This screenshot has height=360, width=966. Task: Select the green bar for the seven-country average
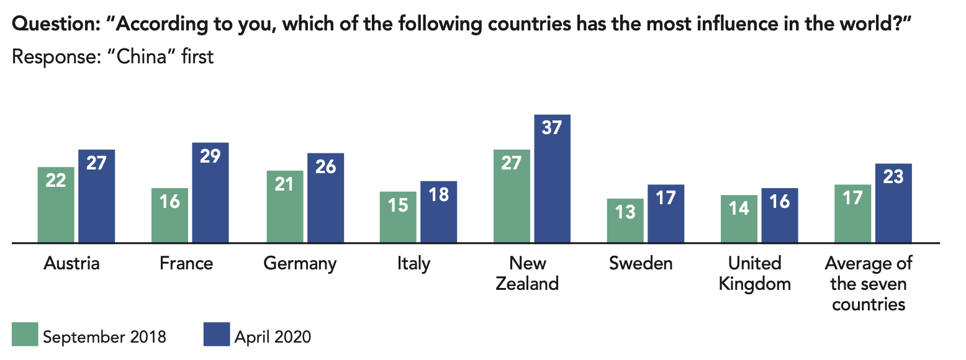click(852, 214)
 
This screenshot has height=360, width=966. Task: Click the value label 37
click(551, 128)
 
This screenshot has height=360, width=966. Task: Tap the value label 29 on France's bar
click(210, 155)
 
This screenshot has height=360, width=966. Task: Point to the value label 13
click(625, 212)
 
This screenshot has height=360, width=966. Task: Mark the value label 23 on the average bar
click(893, 177)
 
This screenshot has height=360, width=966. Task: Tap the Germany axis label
click(300, 263)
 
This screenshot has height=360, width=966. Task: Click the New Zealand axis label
click(528, 273)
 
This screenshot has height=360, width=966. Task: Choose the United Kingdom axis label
click(755, 273)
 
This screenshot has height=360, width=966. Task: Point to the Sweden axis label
click(641, 263)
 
